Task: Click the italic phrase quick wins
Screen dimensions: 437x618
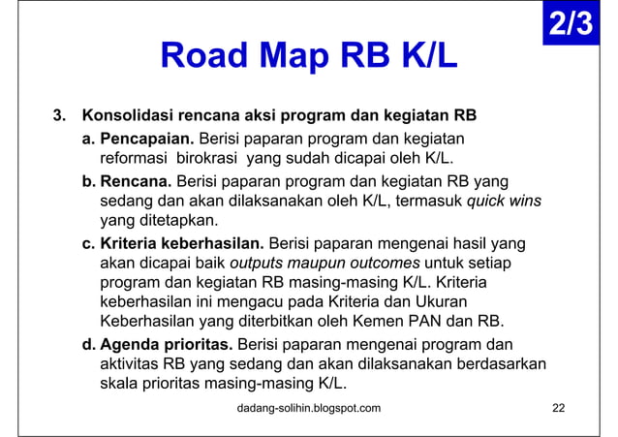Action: click(504, 201)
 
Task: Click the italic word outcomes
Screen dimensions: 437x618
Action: click(376, 263)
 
